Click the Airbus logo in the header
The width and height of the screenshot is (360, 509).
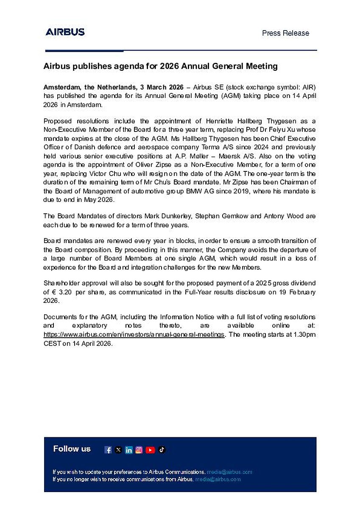pyautogui.click(x=65, y=32)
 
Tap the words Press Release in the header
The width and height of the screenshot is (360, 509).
pyautogui.click(x=285, y=33)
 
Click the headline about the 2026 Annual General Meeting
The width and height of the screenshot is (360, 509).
pyautogui.click(x=161, y=67)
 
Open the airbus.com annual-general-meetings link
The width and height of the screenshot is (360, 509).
pyautogui.click(x=134, y=335)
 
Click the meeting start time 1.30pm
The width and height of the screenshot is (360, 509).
pyautogui.click(x=304, y=335)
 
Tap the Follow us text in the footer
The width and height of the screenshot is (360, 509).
pyautogui.click(x=72, y=449)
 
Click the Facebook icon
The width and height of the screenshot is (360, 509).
pyautogui.click(x=108, y=450)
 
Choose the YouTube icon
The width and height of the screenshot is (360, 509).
pyautogui.click(x=150, y=450)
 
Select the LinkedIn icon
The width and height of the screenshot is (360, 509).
pyautogui.click(x=128, y=450)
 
